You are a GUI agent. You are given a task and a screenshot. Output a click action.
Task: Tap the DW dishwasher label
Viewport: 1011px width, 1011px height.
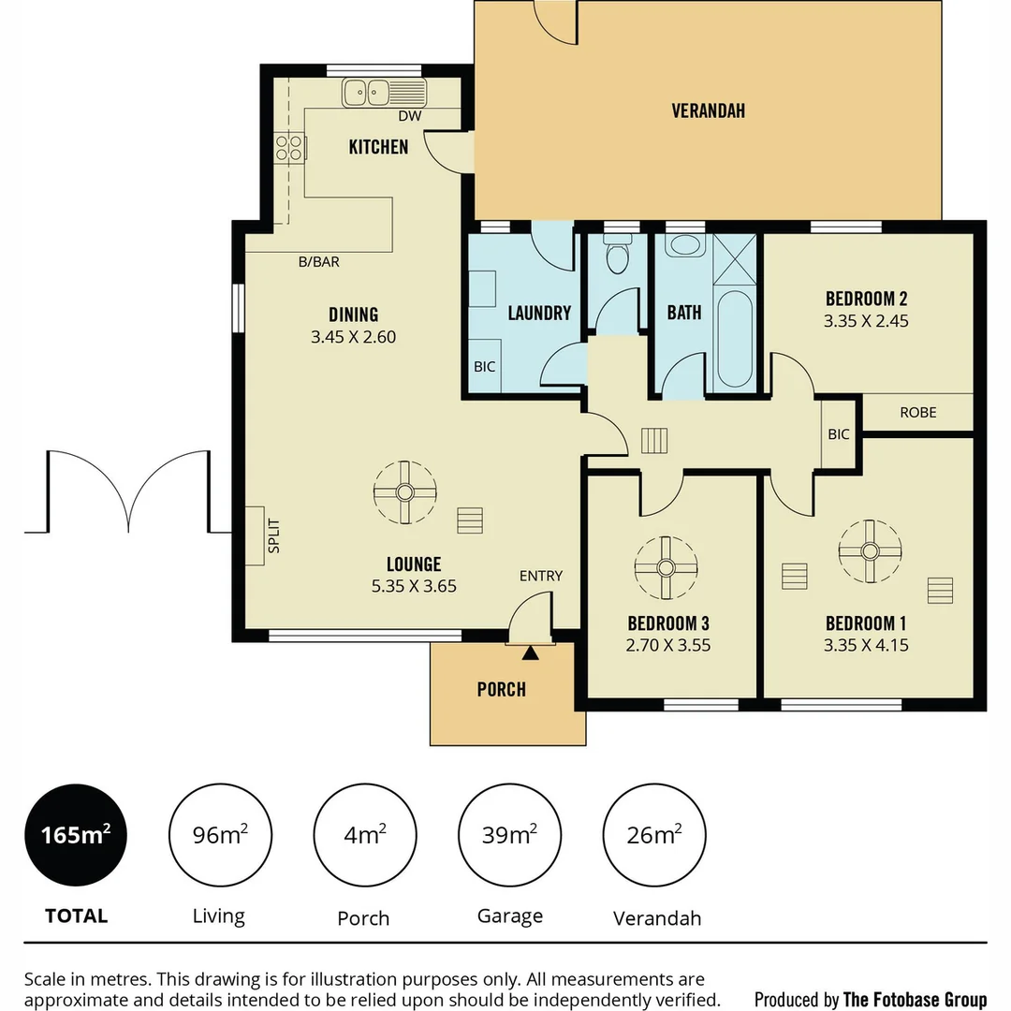pyautogui.click(x=409, y=116)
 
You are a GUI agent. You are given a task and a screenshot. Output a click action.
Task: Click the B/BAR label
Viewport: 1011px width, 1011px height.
pyautogui.click(x=318, y=262)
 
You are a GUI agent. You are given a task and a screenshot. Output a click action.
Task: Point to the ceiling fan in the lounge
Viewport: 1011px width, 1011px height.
pyautogui.click(x=404, y=492)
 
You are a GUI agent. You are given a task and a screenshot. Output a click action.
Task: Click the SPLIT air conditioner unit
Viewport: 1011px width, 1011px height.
pyautogui.click(x=256, y=535)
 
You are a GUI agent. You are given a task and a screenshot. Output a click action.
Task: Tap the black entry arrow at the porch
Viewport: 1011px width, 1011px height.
pyautogui.click(x=531, y=652)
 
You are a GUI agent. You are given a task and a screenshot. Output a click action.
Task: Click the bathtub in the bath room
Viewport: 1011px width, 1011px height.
pyautogui.click(x=735, y=339)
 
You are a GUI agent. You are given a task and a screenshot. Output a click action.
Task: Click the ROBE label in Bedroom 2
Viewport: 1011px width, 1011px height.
pyautogui.click(x=917, y=412)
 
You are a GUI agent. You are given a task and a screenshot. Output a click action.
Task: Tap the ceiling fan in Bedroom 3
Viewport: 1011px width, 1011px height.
pyautogui.click(x=666, y=567)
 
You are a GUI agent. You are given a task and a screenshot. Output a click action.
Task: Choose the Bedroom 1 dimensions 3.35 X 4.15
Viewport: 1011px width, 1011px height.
pyautogui.click(x=866, y=645)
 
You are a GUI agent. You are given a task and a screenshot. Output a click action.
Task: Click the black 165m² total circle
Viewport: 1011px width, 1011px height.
pyautogui.click(x=75, y=835)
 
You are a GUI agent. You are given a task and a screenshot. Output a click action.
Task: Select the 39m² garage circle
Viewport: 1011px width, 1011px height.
pyautogui.click(x=509, y=835)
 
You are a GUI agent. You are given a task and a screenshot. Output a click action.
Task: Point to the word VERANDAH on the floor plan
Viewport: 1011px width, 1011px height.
pyautogui.click(x=709, y=110)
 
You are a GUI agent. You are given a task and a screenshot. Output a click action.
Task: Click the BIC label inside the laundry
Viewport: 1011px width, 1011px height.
pyautogui.click(x=484, y=367)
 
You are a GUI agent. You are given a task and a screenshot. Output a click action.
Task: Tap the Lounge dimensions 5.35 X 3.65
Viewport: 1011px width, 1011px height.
pyautogui.click(x=413, y=587)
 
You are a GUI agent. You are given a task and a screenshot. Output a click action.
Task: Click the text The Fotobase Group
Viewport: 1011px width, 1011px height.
pyautogui.click(x=915, y=999)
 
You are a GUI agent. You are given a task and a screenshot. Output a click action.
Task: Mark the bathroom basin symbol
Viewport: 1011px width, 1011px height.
pyautogui.click(x=686, y=246)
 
